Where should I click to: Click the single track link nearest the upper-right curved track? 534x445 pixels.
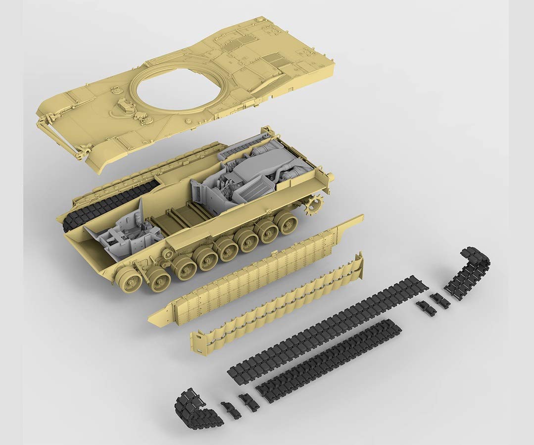click(439, 300)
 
